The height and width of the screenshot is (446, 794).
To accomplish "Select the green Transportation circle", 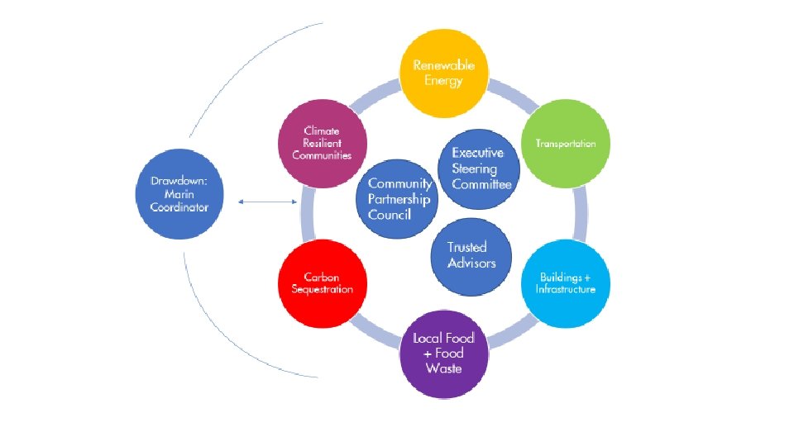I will [x=567, y=143].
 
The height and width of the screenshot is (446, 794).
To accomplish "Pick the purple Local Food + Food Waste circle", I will [x=443, y=355].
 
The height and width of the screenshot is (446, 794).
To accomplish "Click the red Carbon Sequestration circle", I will [x=322, y=283].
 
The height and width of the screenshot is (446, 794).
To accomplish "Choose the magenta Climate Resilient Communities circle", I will [x=322, y=143].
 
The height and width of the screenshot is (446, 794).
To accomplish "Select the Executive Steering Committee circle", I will [x=481, y=168].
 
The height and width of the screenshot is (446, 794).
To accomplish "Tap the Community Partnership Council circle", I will [x=400, y=198].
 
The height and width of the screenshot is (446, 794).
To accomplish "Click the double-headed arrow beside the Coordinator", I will [x=268, y=202].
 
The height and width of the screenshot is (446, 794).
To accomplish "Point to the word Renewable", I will [x=444, y=65].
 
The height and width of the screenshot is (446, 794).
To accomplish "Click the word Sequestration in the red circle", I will [x=323, y=290].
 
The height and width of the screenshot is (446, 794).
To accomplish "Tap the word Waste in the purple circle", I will [x=444, y=368].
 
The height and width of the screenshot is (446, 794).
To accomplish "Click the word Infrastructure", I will [x=565, y=290].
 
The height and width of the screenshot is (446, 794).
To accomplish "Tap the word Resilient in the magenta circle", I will [x=322, y=143].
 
